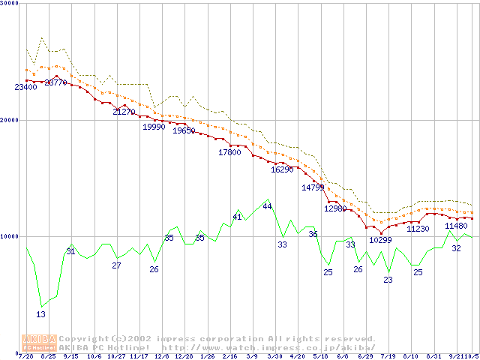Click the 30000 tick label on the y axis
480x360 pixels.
tap(9, 3)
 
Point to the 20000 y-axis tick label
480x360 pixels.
tap(9, 119)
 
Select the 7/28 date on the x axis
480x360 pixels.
tap(25, 356)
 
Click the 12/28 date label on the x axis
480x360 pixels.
tap(184, 356)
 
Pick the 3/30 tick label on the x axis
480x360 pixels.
tap(275, 356)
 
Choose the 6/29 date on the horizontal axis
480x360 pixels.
tap(366, 356)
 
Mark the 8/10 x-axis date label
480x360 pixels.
tap(411, 356)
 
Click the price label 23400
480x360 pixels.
tap(26, 88)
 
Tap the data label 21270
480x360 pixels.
tap(124, 112)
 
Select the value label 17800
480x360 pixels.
tap(229, 152)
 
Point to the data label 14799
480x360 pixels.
tap(313, 187)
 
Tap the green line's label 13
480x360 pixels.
tap(40, 315)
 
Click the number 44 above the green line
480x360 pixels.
tap(267, 206)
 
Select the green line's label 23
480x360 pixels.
tap(388, 280)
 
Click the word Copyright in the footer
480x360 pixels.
tap(88, 339)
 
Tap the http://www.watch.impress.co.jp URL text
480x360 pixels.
tap(254, 348)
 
